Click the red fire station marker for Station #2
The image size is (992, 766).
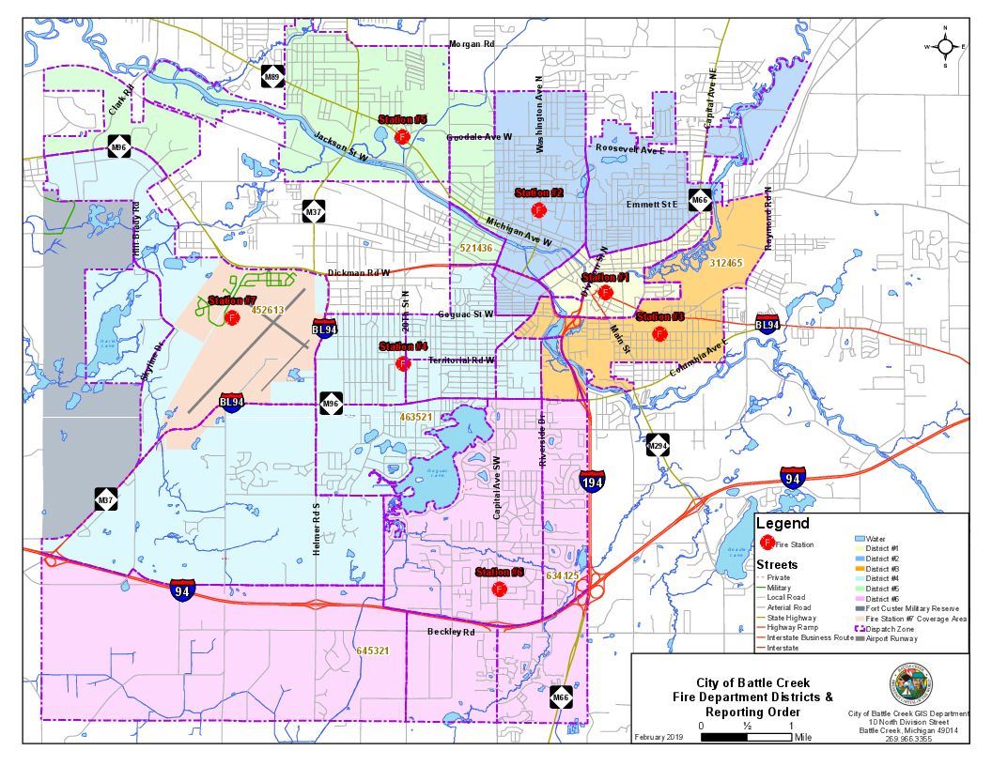[538, 208]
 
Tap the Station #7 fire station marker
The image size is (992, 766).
[232, 317]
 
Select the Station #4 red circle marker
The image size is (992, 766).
[403, 363]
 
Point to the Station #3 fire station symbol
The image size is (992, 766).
[659, 333]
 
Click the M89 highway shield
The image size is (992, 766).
[272, 77]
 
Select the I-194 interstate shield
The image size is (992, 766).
[592, 481]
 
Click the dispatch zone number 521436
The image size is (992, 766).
[476, 248]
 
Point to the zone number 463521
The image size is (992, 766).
[415, 416]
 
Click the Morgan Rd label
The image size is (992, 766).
[471, 44]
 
